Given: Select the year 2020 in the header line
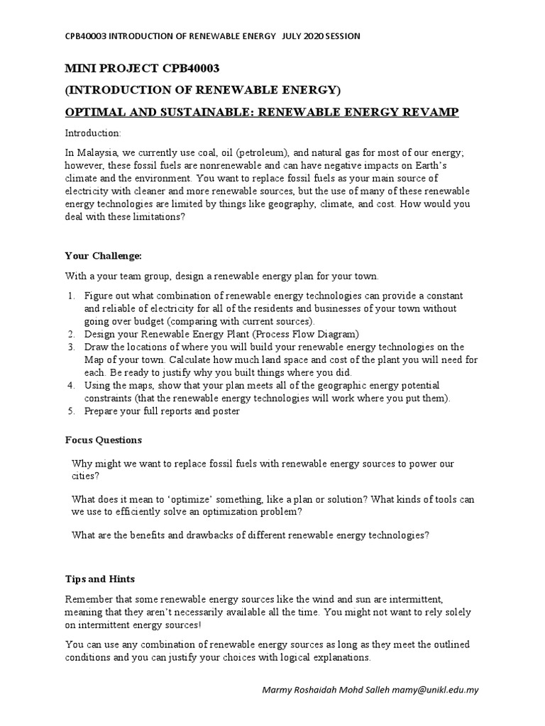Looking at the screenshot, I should [318, 37].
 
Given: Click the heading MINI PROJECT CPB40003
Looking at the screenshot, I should [143, 68].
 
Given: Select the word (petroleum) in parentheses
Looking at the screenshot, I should [262, 154].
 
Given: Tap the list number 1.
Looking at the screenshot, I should [71, 296].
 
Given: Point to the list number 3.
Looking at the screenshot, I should [71, 347].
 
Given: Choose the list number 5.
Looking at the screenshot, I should [71, 411].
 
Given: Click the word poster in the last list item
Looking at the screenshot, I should [226, 411].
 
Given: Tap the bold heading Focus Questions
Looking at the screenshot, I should [104, 440].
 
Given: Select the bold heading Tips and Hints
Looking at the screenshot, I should [100, 579].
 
